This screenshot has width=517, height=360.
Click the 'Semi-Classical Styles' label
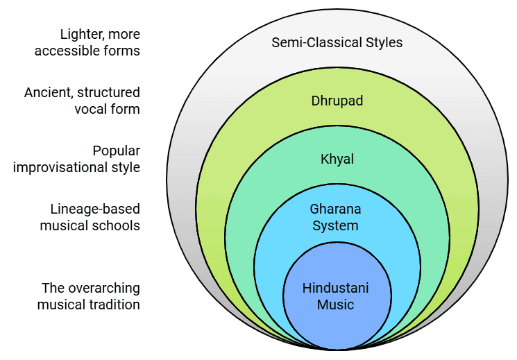pyautogui.click(x=337, y=42)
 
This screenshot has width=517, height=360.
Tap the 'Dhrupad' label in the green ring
pyautogui.click(x=337, y=101)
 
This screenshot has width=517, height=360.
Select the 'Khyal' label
pyautogui.click(x=337, y=160)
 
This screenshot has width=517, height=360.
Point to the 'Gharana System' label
pyautogui.click(x=337, y=216)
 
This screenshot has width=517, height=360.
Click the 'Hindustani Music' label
pyautogui.click(x=337, y=296)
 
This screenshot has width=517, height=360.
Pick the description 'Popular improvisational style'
pyautogui.click(x=76, y=159)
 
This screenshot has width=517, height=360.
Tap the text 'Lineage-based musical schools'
pyautogui.click(x=90, y=216)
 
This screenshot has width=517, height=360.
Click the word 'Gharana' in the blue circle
pyautogui.click(x=337, y=209)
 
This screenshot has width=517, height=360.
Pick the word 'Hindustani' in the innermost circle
pyautogui.click(x=337, y=289)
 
